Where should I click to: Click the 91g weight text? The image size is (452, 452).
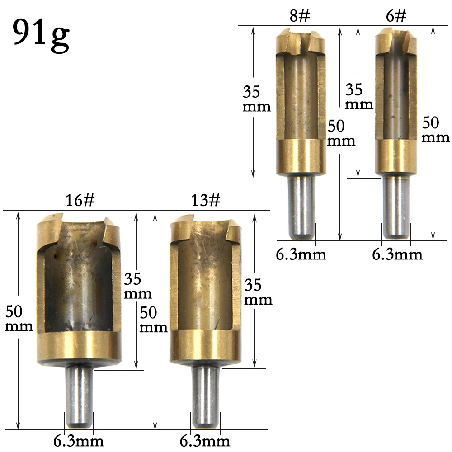(41, 35)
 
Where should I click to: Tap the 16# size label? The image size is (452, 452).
(80, 200)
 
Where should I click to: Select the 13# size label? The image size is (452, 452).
(206, 200)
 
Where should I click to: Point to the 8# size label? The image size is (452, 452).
(300, 15)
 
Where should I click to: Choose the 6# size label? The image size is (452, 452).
(396, 15)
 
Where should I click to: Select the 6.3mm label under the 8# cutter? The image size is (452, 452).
(301, 254)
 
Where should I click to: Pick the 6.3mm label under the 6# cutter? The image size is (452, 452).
(397, 254)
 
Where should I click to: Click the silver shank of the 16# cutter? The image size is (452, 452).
(79, 396)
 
